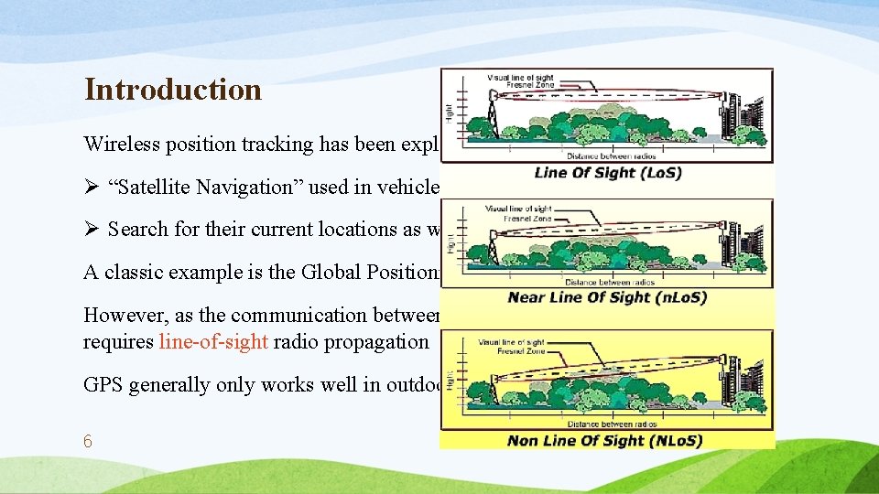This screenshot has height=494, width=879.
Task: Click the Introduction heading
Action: point(173,90)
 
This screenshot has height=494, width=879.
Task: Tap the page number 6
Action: point(88,441)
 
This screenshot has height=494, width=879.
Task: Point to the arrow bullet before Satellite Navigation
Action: point(92,187)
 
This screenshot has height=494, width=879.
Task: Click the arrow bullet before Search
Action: point(92,229)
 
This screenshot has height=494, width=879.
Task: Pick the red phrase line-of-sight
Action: point(214,341)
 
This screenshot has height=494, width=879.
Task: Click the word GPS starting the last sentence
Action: point(103,384)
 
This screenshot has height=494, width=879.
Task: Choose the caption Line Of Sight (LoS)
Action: point(607,173)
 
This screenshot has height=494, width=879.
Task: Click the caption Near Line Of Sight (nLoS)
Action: point(607,298)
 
